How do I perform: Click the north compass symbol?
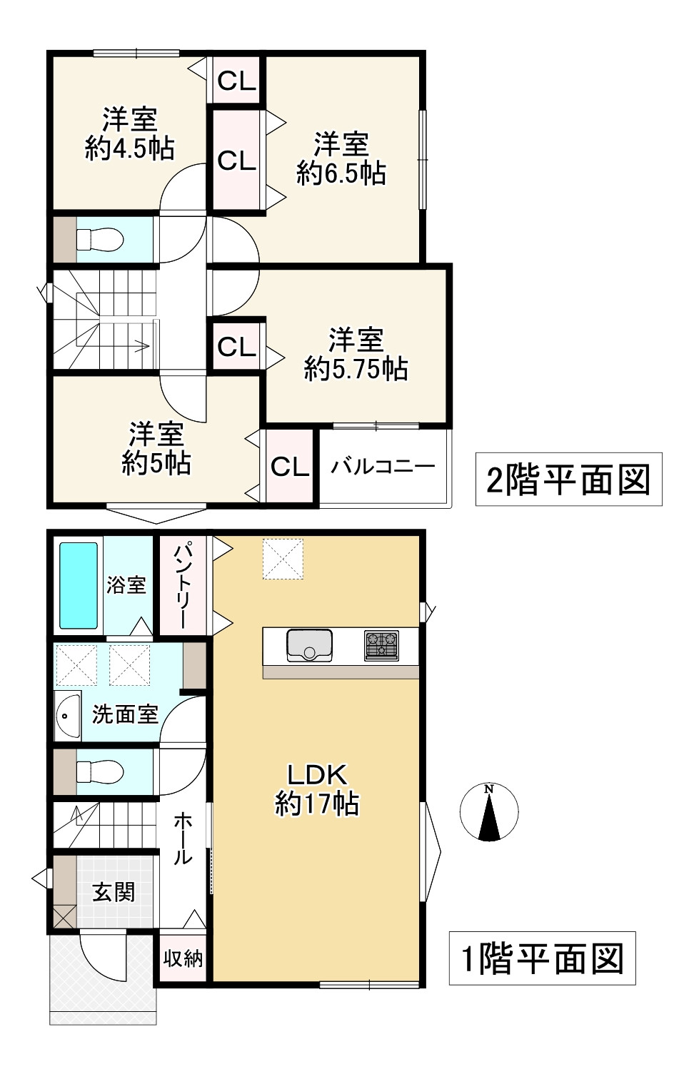[x=489, y=812]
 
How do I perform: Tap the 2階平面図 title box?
[x=568, y=480]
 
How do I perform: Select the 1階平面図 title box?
[x=542, y=958]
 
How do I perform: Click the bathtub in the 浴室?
[x=79, y=585]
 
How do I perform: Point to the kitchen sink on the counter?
[x=309, y=645]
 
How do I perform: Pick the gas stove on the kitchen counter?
[x=381, y=645]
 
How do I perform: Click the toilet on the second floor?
[x=99, y=239]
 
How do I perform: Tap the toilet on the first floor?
[x=99, y=771]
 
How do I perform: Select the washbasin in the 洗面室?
[x=68, y=716]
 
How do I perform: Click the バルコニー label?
[x=383, y=467]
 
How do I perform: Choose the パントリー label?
[x=183, y=585]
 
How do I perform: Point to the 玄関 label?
[x=114, y=891]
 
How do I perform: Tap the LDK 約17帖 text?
[x=316, y=789]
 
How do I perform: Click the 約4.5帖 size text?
[x=129, y=148]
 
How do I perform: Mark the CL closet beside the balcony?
[x=289, y=467]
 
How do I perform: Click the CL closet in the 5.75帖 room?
[x=236, y=348]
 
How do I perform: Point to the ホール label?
[x=183, y=838]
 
